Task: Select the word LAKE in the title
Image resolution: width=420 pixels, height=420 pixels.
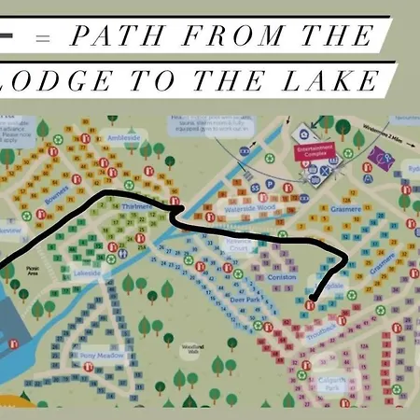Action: [332, 82]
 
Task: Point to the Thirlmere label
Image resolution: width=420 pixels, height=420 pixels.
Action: [136, 206]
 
